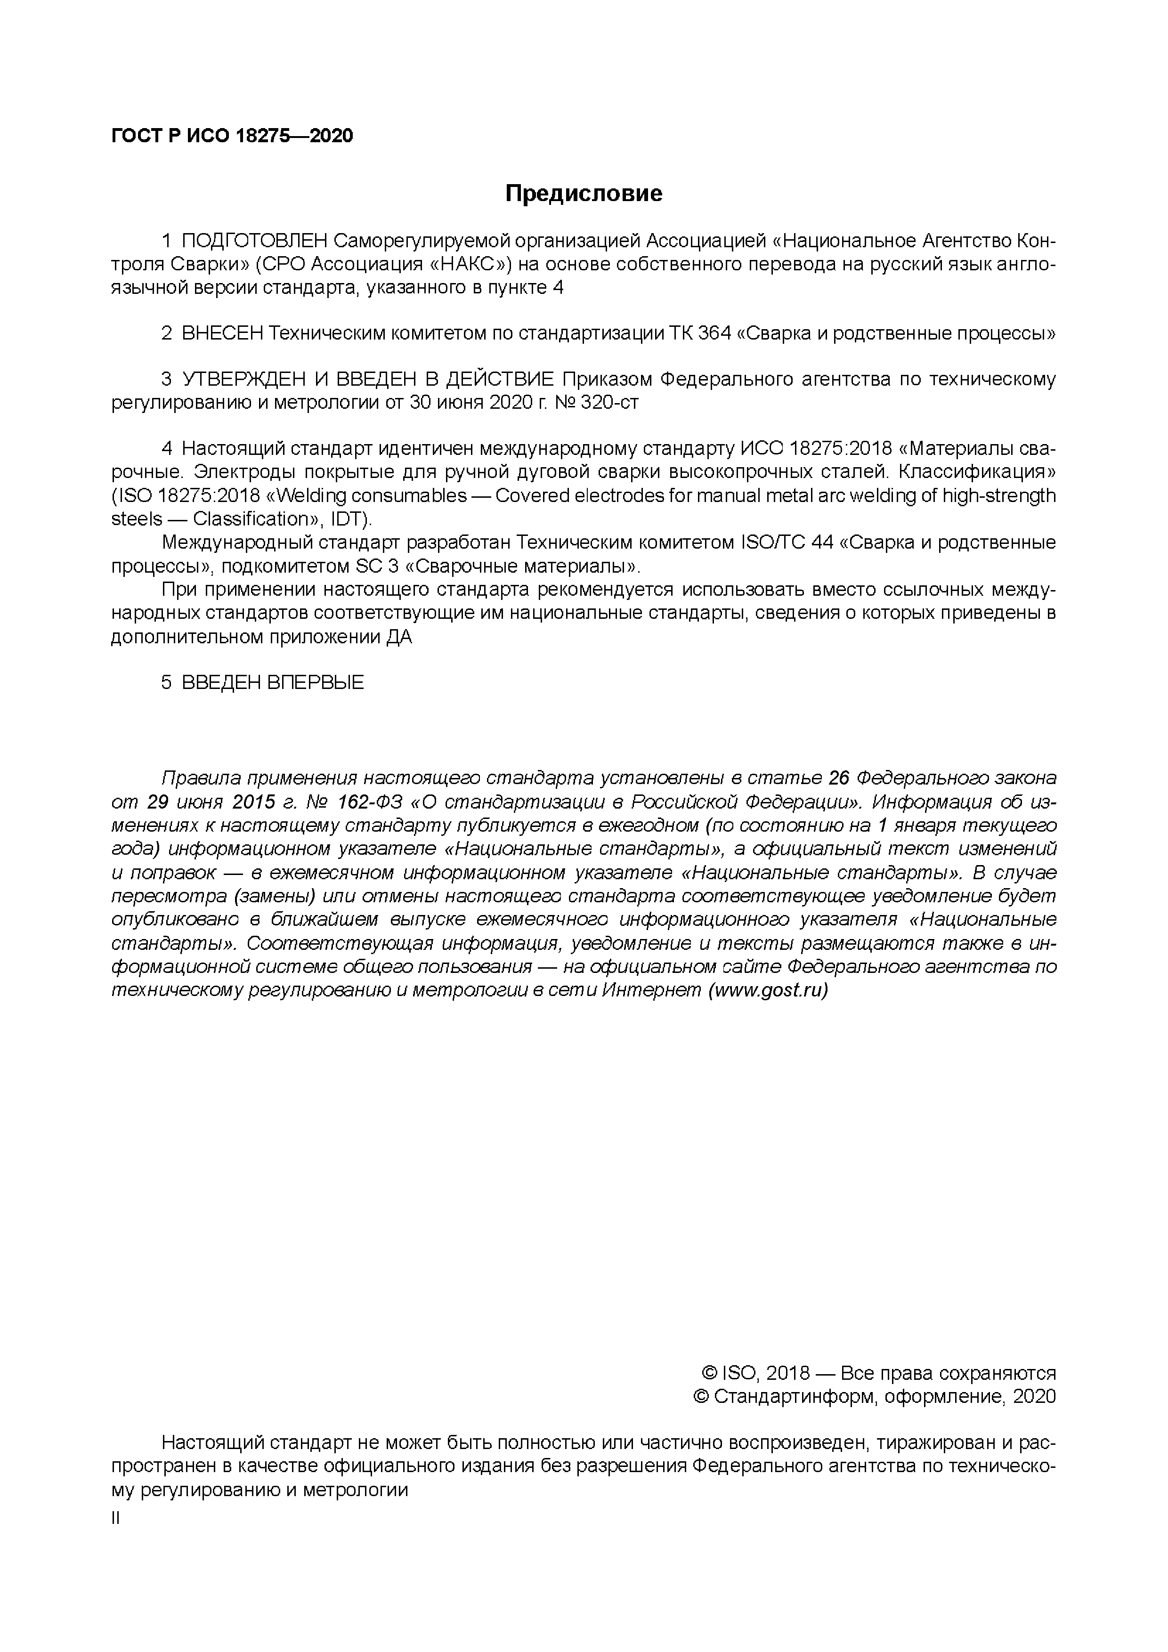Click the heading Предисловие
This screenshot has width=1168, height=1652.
tap(583, 194)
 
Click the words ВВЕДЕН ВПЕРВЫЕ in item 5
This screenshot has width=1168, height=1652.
tap(273, 682)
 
